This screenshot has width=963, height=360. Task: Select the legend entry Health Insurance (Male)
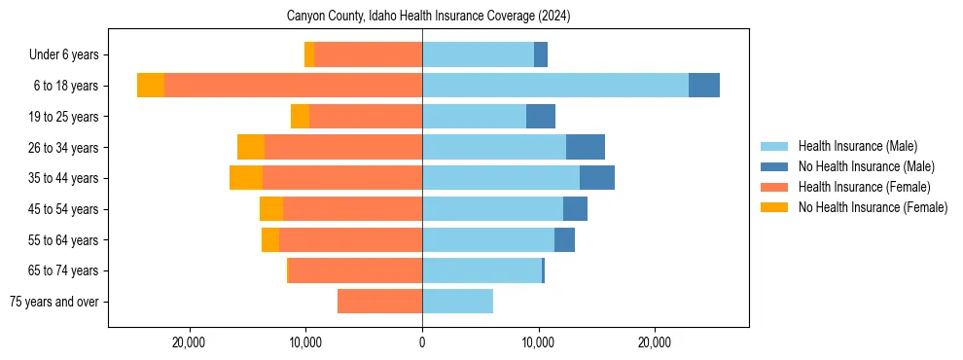[857, 146]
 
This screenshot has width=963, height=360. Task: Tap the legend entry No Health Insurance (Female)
[873, 207]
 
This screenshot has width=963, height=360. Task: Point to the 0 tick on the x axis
[422, 342]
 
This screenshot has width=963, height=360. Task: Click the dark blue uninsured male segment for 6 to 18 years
[704, 86]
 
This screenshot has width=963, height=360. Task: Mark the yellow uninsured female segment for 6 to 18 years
[151, 86]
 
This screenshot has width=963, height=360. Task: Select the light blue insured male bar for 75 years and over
[457, 302]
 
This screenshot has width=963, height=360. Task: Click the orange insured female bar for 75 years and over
[379, 302]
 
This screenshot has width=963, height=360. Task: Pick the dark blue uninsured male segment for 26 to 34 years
[586, 147]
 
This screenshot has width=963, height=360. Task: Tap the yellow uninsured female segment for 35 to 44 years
[246, 178]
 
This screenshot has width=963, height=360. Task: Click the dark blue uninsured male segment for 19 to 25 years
[541, 117]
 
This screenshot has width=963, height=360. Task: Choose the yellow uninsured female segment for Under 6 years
[309, 55]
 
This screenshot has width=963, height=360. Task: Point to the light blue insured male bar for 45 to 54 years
[492, 209]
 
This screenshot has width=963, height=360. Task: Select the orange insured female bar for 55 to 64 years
[350, 239]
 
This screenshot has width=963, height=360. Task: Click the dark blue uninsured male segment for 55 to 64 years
[564, 239]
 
